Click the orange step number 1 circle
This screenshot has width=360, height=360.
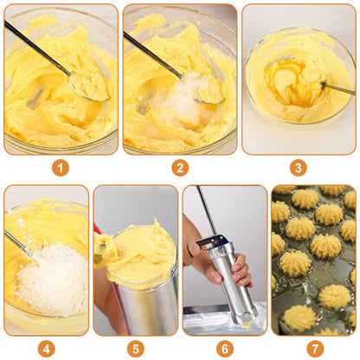[x=61, y=168]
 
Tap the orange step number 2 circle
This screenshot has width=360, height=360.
[x=180, y=168]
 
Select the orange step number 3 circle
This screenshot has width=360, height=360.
[x=299, y=168]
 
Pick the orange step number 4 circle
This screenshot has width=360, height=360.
[x=46, y=349]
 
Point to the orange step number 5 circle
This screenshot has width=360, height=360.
[x=136, y=349]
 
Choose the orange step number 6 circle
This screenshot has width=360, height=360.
[x=225, y=349]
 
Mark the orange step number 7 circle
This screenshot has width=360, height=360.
[x=314, y=349]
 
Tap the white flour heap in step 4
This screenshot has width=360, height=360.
[x=54, y=279]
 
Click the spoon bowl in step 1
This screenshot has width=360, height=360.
[x=89, y=87]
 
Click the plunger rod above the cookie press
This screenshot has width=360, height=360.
[x=207, y=210]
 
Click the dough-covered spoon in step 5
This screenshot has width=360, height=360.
[x=105, y=249]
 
